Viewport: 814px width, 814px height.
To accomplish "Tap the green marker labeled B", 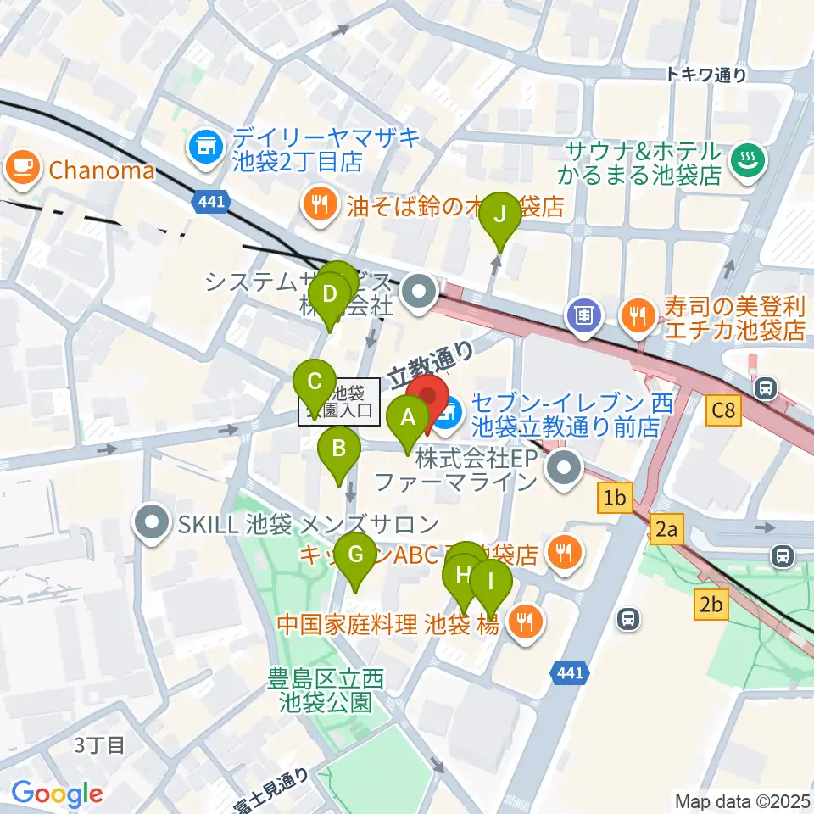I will (x=338, y=446).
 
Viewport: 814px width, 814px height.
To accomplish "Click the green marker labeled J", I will (x=500, y=214).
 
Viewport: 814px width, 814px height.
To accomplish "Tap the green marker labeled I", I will (x=491, y=583).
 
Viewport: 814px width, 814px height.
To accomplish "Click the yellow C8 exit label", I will (x=725, y=412).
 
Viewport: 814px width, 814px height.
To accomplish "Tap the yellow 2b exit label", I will (x=711, y=605).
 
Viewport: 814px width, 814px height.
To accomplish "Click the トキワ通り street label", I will (x=705, y=75).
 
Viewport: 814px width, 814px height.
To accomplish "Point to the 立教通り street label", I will (x=431, y=363).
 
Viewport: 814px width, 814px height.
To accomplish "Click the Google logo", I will (x=58, y=794).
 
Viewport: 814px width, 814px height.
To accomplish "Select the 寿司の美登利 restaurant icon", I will (x=635, y=316).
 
